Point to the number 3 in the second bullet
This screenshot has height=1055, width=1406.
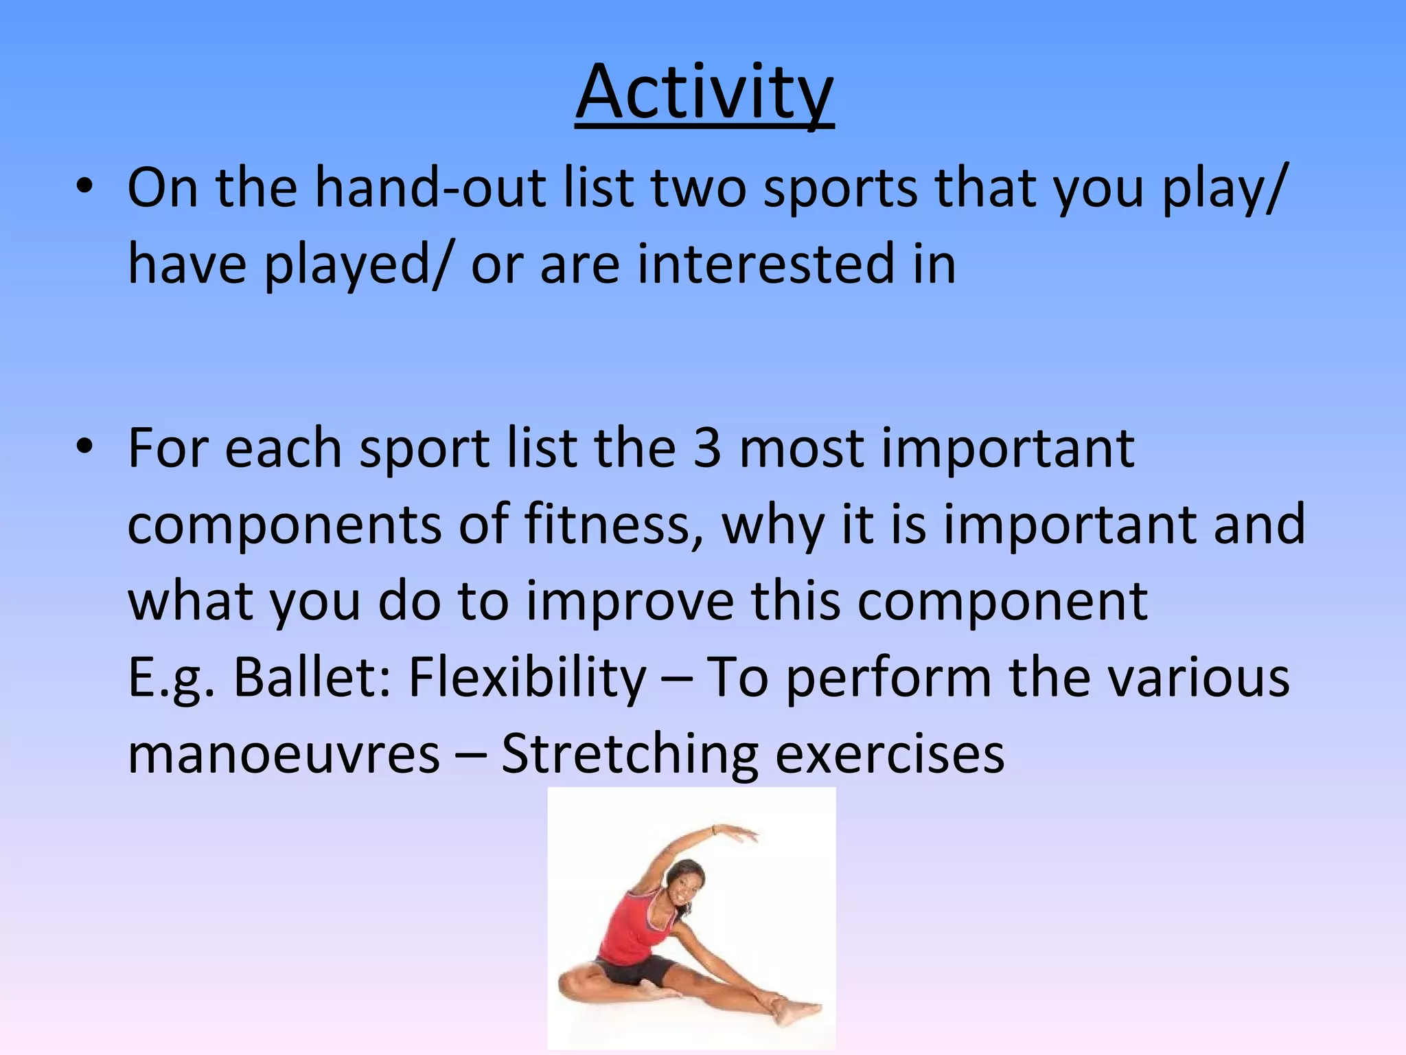tap(707, 448)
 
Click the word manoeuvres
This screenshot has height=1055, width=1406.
tap(284, 753)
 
